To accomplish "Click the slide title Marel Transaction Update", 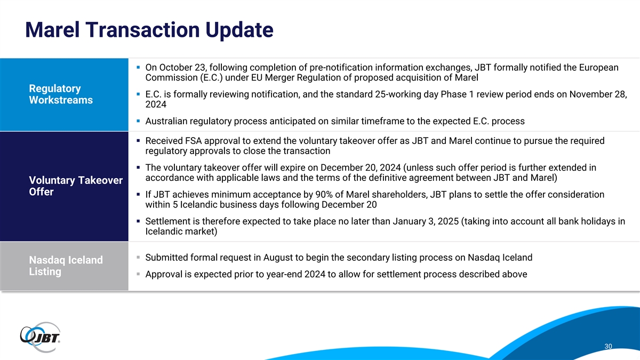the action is click(x=149, y=30).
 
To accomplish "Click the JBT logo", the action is click(x=40, y=338).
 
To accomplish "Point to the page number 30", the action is click(x=609, y=346).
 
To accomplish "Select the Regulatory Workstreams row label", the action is click(x=61, y=94).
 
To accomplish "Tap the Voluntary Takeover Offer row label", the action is click(x=76, y=186).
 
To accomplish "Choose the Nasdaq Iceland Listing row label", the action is click(x=66, y=266).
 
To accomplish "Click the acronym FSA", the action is click(x=194, y=141).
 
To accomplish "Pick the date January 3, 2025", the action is click(x=426, y=221).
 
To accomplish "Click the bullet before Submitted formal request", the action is click(x=138, y=258).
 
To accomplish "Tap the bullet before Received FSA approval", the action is click(x=138, y=141).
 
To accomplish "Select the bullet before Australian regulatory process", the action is click(x=138, y=121).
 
